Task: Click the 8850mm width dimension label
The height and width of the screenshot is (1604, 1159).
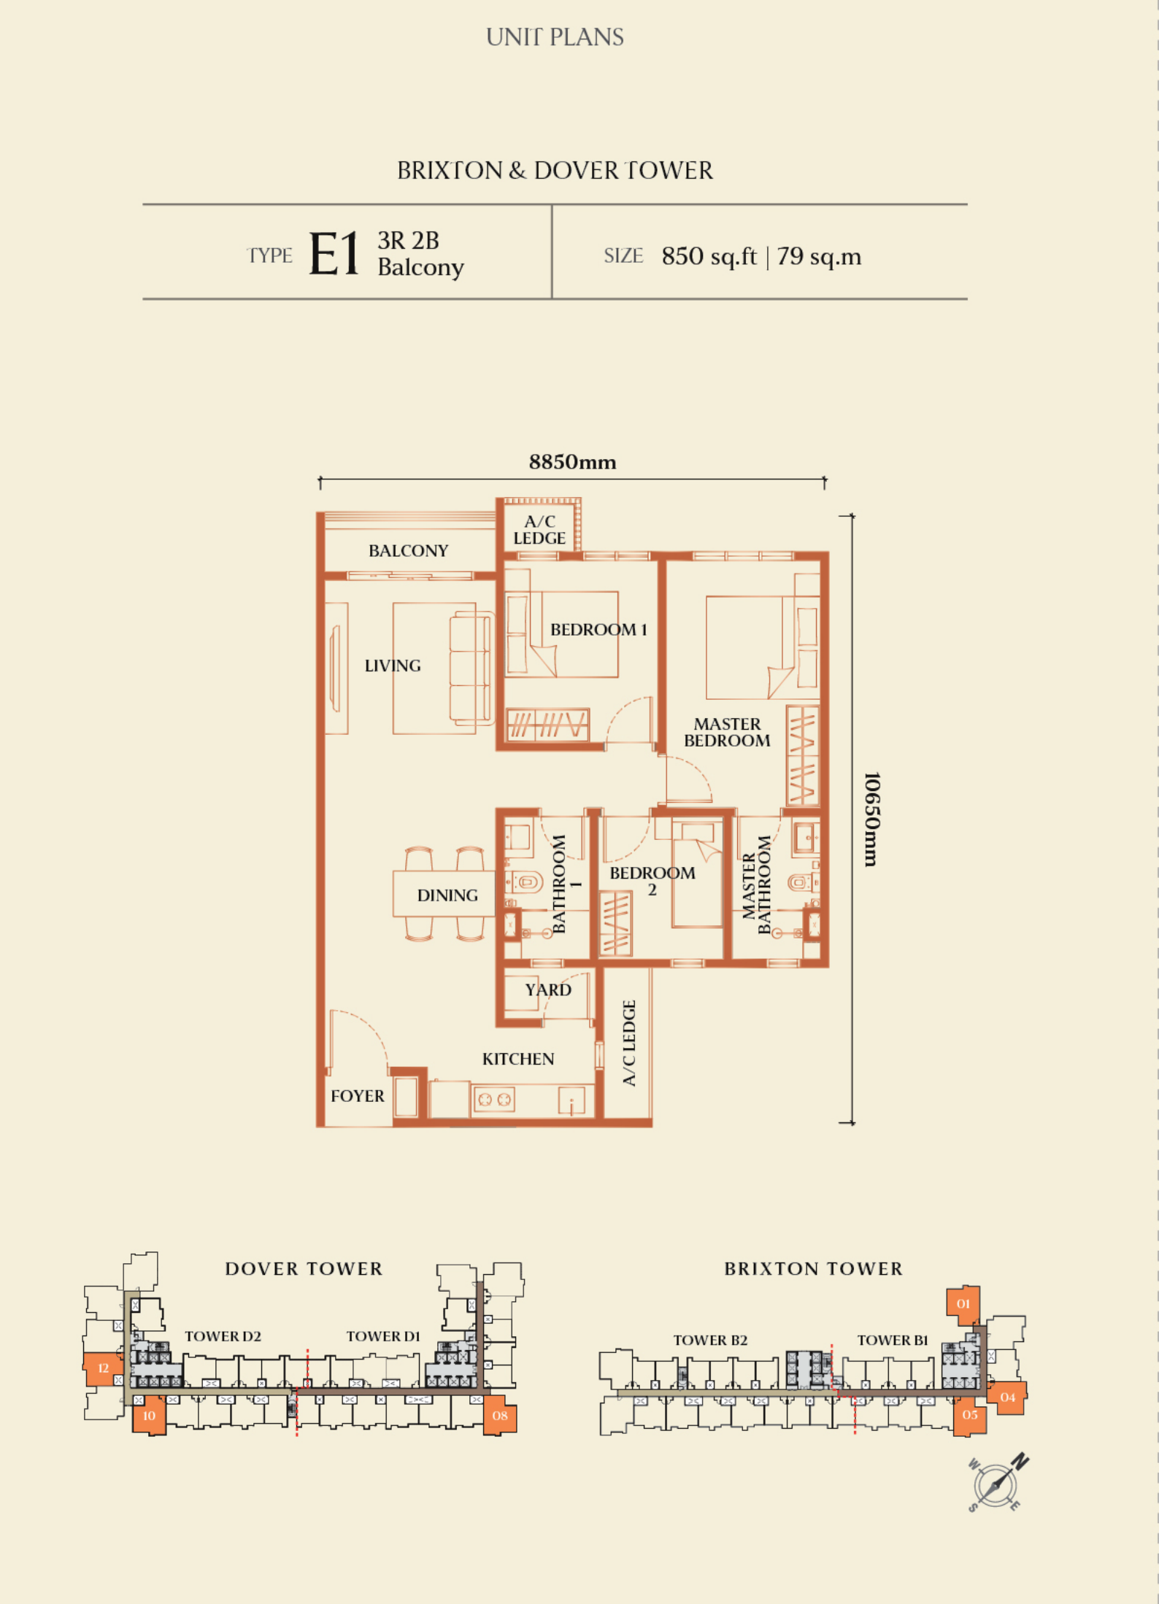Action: pyautogui.click(x=572, y=462)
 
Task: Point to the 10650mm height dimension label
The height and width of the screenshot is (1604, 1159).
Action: pyautogui.click(x=871, y=819)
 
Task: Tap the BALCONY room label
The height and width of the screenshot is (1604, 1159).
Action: pyautogui.click(x=408, y=550)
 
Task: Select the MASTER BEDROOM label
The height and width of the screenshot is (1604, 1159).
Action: pyautogui.click(x=727, y=732)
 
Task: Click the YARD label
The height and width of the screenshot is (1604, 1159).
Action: pyautogui.click(x=548, y=990)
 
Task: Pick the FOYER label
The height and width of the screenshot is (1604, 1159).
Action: pyautogui.click(x=357, y=1095)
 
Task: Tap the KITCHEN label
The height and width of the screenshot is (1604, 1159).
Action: pyautogui.click(x=518, y=1059)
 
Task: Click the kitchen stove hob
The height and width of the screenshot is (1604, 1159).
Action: pyautogui.click(x=494, y=1099)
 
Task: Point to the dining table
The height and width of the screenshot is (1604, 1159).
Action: pyautogui.click(x=444, y=893)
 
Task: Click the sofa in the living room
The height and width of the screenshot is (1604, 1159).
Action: pyautogui.click(x=471, y=668)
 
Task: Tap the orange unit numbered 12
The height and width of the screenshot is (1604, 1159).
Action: pyautogui.click(x=104, y=1369)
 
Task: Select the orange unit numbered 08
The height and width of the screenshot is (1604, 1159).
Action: pyautogui.click(x=500, y=1415)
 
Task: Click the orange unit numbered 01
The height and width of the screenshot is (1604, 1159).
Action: pyautogui.click(x=963, y=1305)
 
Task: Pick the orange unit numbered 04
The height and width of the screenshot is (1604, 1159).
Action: pyautogui.click(x=1007, y=1397)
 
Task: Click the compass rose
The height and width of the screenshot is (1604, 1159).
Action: pyautogui.click(x=996, y=1484)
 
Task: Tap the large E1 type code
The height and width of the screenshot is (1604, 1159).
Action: pyautogui.click(x=334, y=254)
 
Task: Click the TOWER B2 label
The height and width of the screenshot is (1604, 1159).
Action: pyautogui.click(x=710, y=1340)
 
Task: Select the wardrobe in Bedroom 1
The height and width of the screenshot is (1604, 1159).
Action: pyautogui.click(x=547, y=725)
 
